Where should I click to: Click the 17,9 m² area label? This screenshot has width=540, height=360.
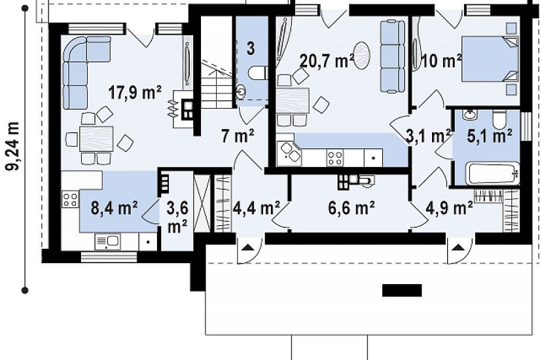click(135, 93)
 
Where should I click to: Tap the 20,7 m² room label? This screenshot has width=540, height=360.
click(327, 61)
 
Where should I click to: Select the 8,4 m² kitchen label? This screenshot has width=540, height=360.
click(115, 207)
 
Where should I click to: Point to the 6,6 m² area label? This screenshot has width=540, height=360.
click(351, 207)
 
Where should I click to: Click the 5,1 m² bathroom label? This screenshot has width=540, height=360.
click(489, 135)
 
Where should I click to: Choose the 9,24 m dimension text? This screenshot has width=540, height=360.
click(12, 147)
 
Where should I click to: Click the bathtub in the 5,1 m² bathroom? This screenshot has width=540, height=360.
click(492, 173)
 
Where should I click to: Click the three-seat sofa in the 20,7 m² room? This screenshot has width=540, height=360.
click(392, 57)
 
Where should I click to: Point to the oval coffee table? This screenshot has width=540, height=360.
click(361, 56)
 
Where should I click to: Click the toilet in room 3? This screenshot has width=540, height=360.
click(258, 73)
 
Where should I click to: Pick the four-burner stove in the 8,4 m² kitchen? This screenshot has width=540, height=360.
click(70, 200)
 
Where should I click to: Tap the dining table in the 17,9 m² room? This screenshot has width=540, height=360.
click(96, 139)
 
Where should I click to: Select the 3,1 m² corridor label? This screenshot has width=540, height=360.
click(428, 135)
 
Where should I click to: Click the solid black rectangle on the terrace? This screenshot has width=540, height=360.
click(402, 291)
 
